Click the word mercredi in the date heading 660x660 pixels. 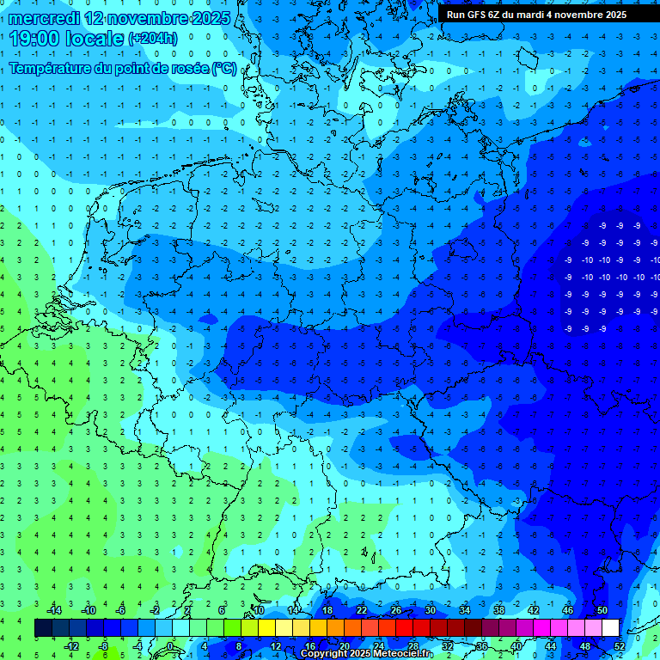click(43, 17)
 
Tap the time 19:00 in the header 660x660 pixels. click(38, 38)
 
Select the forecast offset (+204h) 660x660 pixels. click(152, 39)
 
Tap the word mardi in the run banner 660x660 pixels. click(530, 15)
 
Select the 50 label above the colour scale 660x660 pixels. click(602, 610)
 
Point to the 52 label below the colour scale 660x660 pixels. click(620, 645)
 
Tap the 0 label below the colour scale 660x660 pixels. click(171, 645)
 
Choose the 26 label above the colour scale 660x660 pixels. click(396, 610)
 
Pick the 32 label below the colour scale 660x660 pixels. click(448, 645)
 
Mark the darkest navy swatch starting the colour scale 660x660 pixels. click(43, 628)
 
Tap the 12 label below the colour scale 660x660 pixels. click(276, 645)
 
